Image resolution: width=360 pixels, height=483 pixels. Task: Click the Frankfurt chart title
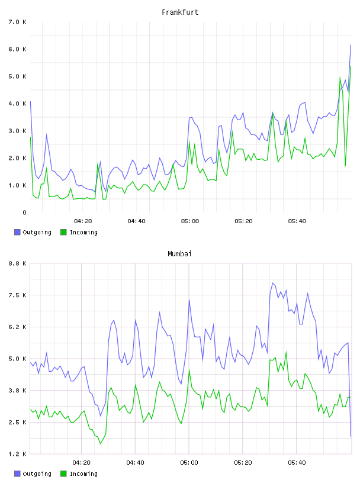(x=180, y=12)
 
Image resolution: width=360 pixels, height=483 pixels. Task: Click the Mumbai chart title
(x=179, y=254)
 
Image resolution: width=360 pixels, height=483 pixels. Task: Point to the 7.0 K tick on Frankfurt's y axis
(x=18, y=22)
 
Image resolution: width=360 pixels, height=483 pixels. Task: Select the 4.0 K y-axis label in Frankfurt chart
(x=18, y=104)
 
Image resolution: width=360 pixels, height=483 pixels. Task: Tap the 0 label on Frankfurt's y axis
(x=24, y=212)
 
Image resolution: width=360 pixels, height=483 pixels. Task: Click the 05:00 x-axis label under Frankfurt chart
(x=190, y=221)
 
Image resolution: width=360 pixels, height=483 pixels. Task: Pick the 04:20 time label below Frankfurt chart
(x=83, y=221)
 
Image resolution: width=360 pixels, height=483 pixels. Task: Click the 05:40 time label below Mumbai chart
(x=297, y=463)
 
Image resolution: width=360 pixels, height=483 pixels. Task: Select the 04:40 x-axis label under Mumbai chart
(x=136, y=463)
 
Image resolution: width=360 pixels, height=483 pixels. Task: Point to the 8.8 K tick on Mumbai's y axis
(x=18, y=263)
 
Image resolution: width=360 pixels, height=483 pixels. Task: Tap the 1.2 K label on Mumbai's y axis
(x=18, y=454)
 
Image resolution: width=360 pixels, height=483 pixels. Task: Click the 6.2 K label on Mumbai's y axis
(x=18, y=327)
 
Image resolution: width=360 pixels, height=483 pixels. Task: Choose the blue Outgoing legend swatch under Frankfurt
(x=17, y=232)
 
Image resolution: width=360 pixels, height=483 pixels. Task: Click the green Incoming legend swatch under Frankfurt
(x=63, y=232)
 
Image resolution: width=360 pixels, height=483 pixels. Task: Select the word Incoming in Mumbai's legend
(x=83, y=474)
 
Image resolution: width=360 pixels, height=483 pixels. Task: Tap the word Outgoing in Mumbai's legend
(x=37, y=474)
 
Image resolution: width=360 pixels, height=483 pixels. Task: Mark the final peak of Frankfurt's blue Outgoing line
(x=351, y=45)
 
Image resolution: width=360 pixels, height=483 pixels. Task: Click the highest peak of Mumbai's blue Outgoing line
(x=272, y=283)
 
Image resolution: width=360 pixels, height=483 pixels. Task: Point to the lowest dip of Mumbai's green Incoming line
(x=100, y=444)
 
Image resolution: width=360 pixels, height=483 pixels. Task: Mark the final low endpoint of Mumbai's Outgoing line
(x=351, y=436)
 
